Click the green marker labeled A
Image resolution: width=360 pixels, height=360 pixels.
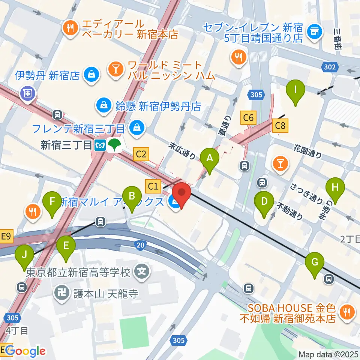click(x=210, y=158)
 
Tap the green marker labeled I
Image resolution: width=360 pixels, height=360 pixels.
click(x=295, y=90)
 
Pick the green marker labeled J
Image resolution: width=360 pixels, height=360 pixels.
click(x=24, y=255)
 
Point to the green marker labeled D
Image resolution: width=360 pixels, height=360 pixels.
click(x=264, y=202)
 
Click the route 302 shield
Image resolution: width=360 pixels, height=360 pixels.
click(x=330, y=67)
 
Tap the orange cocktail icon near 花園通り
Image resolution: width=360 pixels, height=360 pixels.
click(x=280, y=163)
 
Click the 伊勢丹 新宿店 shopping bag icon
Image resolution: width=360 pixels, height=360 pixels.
click(x=91, y=75)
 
